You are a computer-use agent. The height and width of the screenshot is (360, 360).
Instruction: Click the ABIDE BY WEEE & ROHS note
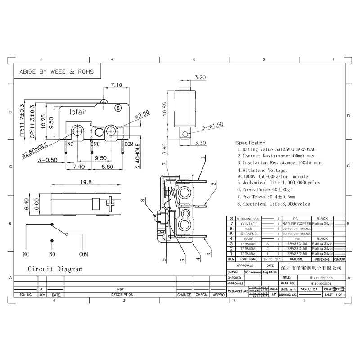56,72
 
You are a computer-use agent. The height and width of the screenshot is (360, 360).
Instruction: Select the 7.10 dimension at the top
117,85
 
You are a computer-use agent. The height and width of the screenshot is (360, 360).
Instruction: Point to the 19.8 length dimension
86,182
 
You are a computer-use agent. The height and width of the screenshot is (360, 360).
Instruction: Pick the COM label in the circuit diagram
84,254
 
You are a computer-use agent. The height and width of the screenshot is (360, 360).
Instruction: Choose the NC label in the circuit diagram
26,254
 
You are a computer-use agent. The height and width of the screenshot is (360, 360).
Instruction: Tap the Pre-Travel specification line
266,197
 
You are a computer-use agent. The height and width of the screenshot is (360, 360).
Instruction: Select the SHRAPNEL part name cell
248,234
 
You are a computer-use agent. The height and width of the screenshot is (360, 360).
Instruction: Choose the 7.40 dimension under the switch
79,166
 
